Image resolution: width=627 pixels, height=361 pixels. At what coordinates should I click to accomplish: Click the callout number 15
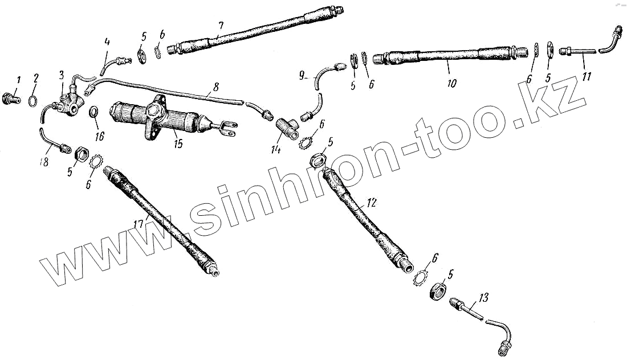click(x=178, y=143)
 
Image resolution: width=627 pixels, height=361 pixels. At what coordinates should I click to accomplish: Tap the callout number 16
click(x=100, y=137)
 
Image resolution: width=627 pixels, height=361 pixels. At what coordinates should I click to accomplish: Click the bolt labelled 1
click(x=13, y=98)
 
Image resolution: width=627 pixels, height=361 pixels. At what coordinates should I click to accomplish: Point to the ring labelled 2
click(x=34, y=101)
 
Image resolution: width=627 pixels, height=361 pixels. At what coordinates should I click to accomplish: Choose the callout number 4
click(x=107, y=42)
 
